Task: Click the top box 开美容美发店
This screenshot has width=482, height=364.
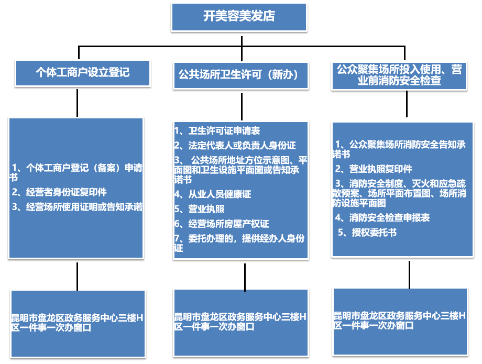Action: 239,16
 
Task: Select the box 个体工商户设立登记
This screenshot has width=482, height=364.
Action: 82,72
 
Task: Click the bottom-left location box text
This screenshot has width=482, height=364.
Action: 77,323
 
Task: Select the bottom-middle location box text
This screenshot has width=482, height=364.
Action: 240,322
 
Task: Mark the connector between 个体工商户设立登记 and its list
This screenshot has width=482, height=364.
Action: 77,102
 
